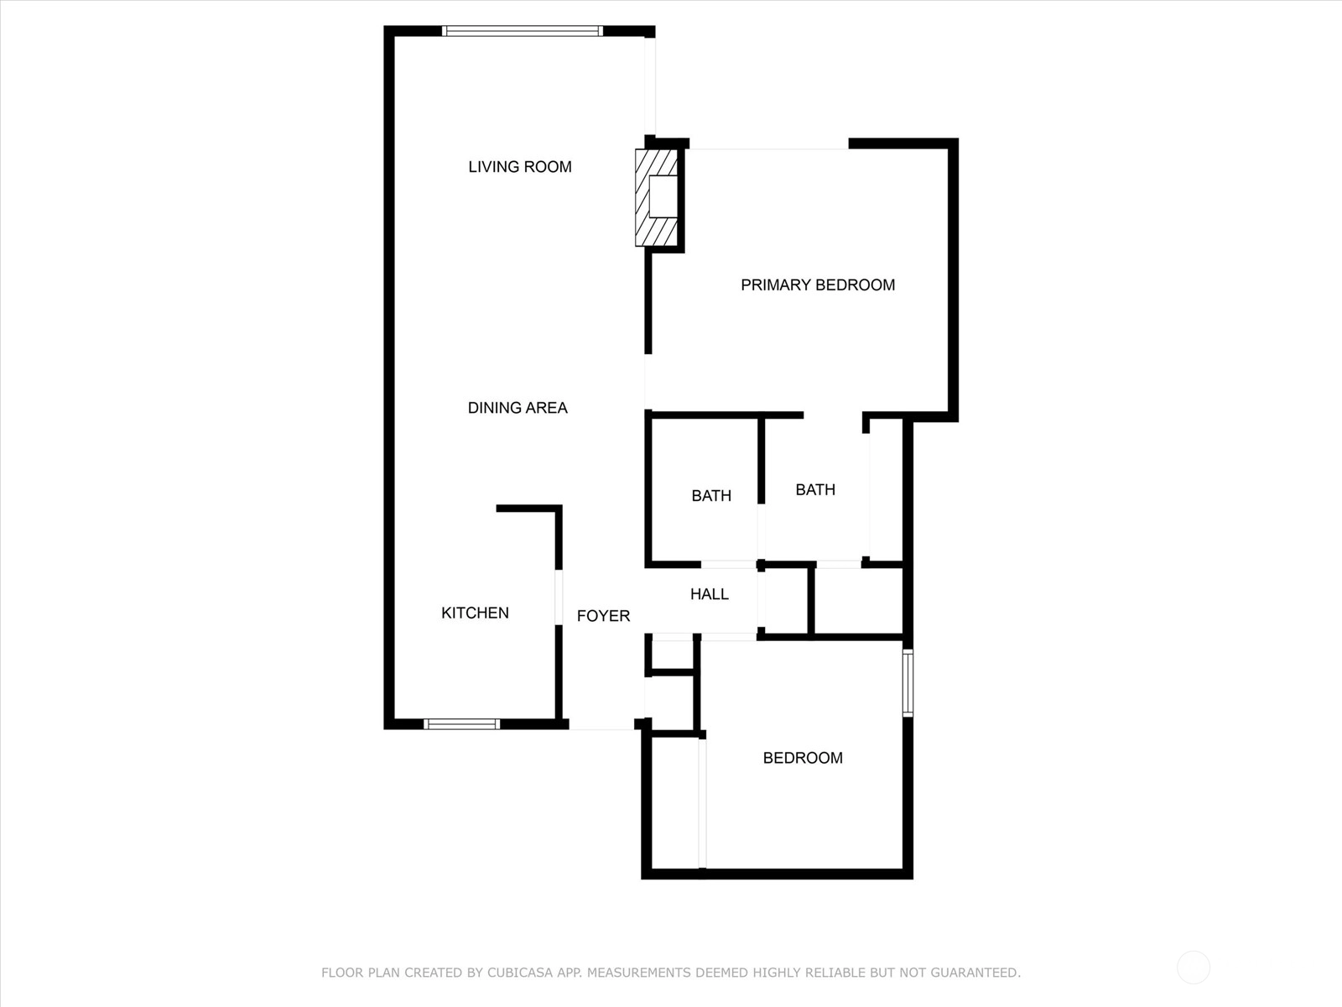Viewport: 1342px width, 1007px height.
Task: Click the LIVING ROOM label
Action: [x=520, y=167]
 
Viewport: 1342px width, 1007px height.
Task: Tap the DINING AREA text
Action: [x=518, y=408]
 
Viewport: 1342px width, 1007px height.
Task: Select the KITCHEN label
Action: [x=475, y=613]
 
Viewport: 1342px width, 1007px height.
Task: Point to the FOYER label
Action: [x=603, y=616]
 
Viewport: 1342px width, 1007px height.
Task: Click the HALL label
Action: [x=710, y=593]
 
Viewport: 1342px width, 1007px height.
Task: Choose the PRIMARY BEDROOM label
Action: [x=818, y=285]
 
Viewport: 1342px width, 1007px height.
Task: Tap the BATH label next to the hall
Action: [x=711, y=495]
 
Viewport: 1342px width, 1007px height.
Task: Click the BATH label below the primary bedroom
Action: [x=815, y=489]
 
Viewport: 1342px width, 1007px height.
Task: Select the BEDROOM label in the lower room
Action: [x=803, y=758]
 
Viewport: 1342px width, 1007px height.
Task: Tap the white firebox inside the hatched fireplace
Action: [x=663, y=196]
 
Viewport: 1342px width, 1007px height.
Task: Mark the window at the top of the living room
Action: [x=523, y=31]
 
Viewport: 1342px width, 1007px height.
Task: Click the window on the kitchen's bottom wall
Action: [x=461, y=724]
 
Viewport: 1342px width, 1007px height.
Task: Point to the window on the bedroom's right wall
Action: [x=908, y=683]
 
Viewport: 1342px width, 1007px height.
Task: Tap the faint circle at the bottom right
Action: [x=1194, y=968]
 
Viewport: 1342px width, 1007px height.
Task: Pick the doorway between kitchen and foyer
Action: [x=559, y=597]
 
